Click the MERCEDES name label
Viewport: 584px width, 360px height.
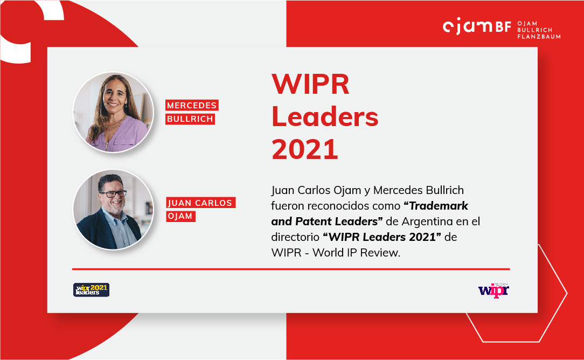(x=192, y=105)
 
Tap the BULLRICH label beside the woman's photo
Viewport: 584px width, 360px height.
(x=190, y=119)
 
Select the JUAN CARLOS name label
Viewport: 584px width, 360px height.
(x=200, y=202)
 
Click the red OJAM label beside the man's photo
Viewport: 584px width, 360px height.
(x=180, y=216)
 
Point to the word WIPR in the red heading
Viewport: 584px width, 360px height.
(x=310, y=84)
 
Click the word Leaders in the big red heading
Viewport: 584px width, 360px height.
(x=325, y=116)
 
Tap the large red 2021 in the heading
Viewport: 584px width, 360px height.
(x=305, y=149)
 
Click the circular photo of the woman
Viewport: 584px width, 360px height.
(x=113, y=112)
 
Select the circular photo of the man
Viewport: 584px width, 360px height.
(x=113, y=210)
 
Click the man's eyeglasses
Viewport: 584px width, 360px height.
(x=113, y=194)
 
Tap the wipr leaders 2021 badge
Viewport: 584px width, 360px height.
(x=91, y=289)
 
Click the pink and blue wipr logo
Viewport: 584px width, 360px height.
(x=493, y=290)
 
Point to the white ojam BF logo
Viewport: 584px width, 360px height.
(x=477, y=26)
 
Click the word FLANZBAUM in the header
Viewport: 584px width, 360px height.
(x=539, y=37)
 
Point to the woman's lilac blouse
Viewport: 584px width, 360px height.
(x=119, y=134)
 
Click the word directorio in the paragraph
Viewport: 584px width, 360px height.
(x=295, y=237)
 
